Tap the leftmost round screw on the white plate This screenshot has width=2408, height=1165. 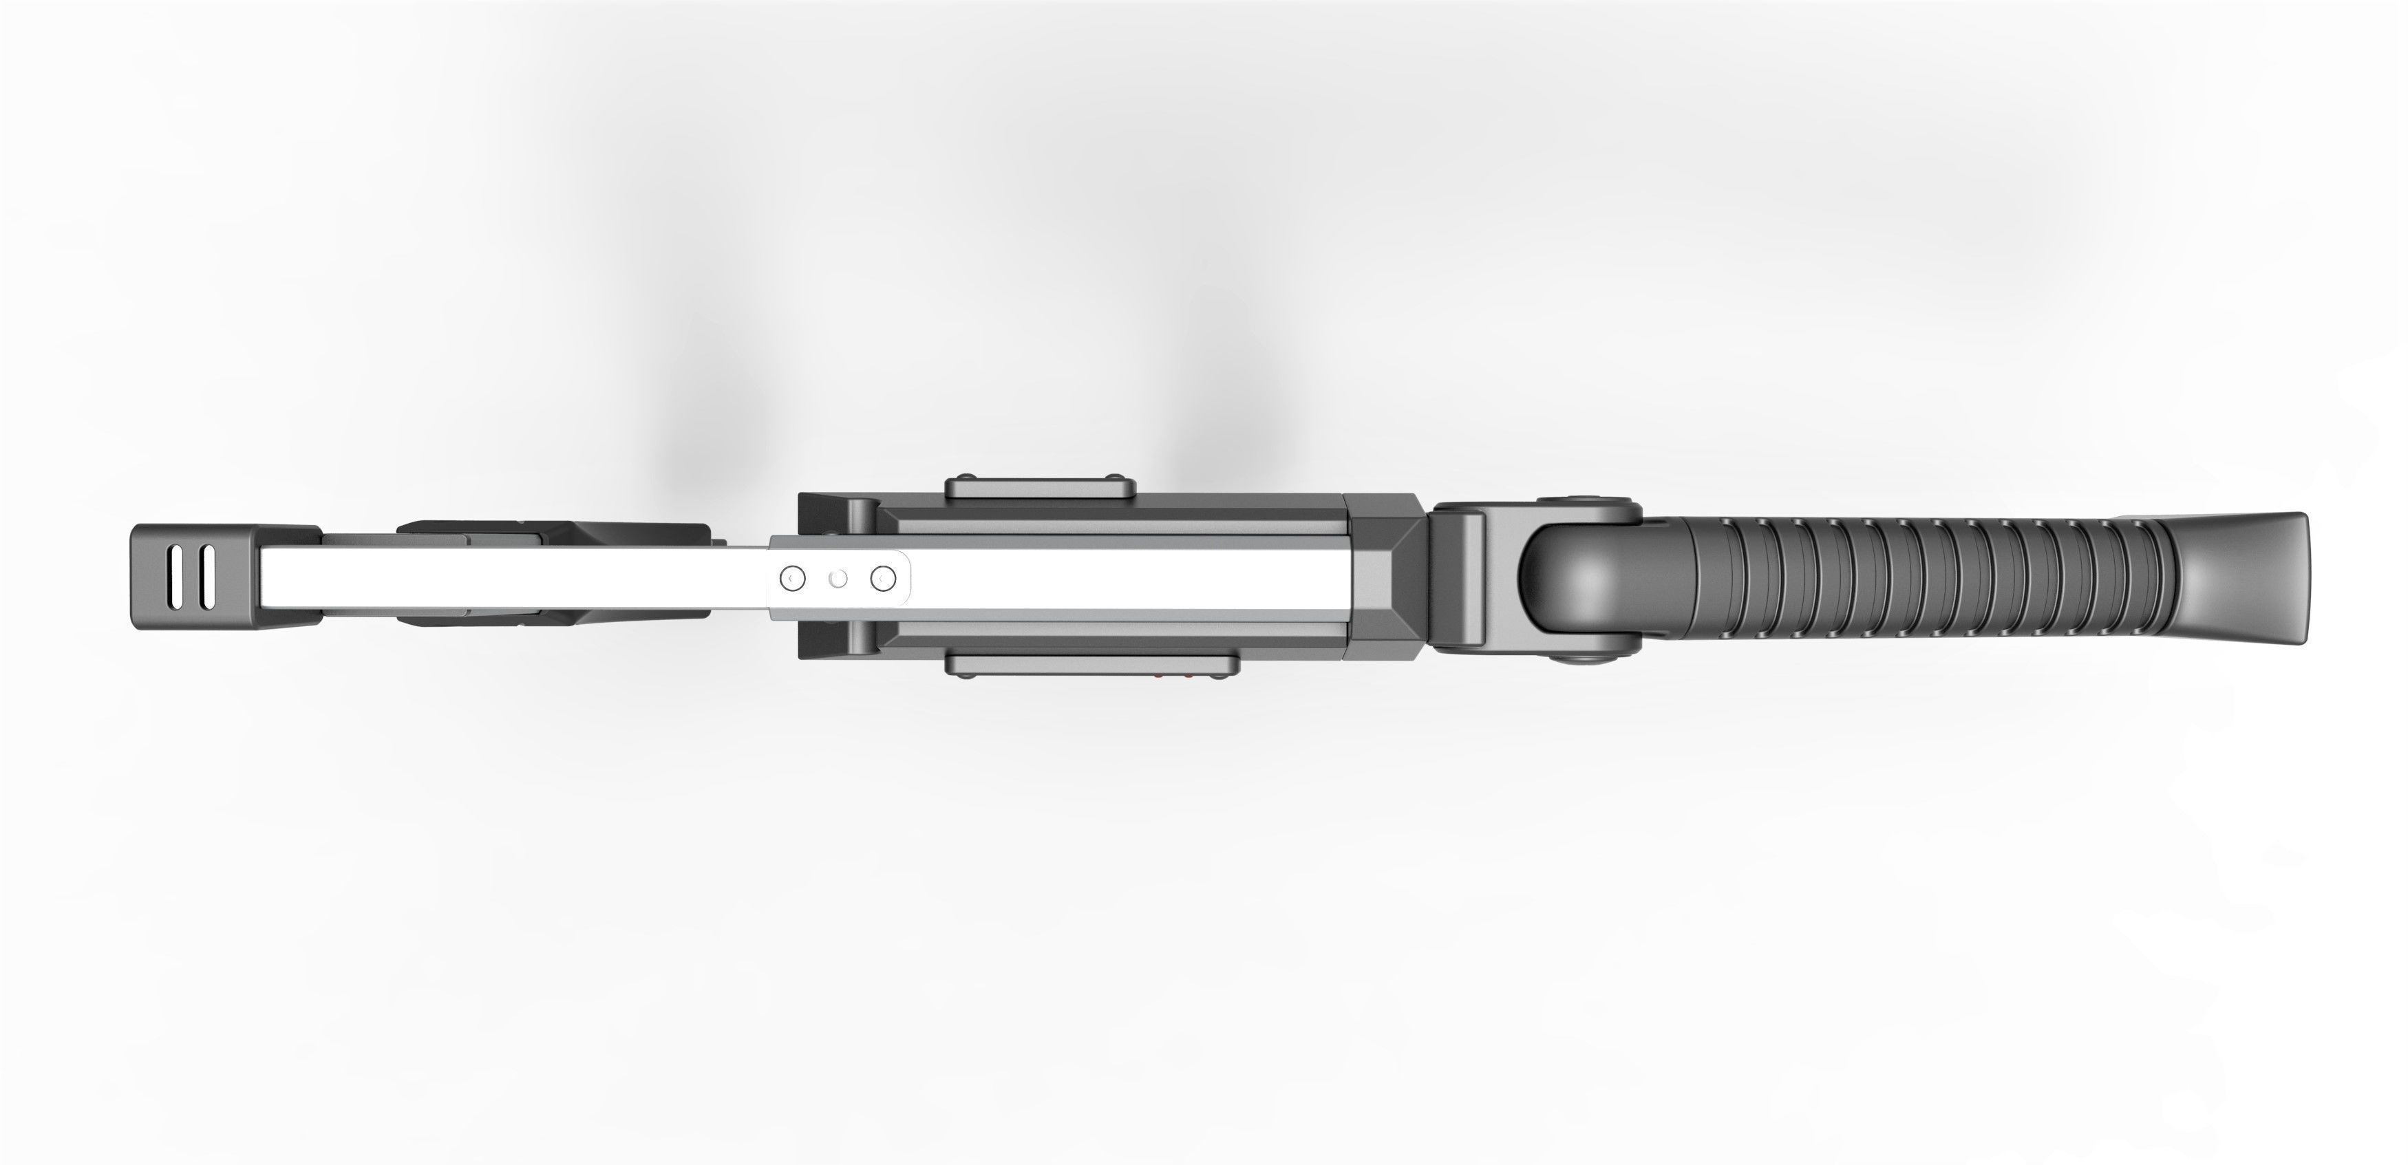coord(793,579)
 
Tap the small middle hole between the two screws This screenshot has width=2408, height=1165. coord(838,579)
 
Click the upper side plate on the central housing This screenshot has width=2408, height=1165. coord(1039,487)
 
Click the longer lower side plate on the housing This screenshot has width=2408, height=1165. coord(1092,665)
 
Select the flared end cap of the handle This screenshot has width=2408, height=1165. coord(2244,579)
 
